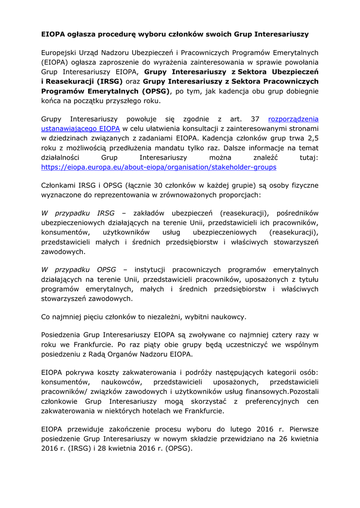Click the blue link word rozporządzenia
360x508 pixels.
[293, 119]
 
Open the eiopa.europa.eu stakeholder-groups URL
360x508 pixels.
[158, 167]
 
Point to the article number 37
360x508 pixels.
[255, 119]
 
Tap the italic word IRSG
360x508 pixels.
[105, 214]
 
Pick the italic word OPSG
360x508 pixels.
[106, 270]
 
